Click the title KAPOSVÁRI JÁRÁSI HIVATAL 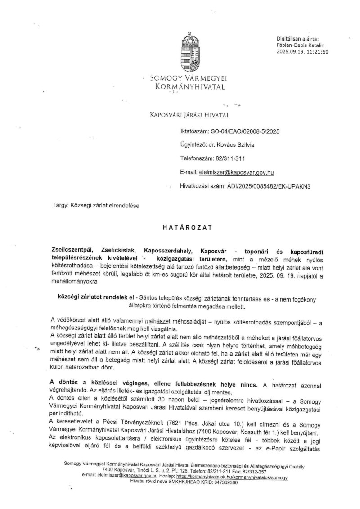[189, 115]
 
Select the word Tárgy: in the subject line [60, 206]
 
